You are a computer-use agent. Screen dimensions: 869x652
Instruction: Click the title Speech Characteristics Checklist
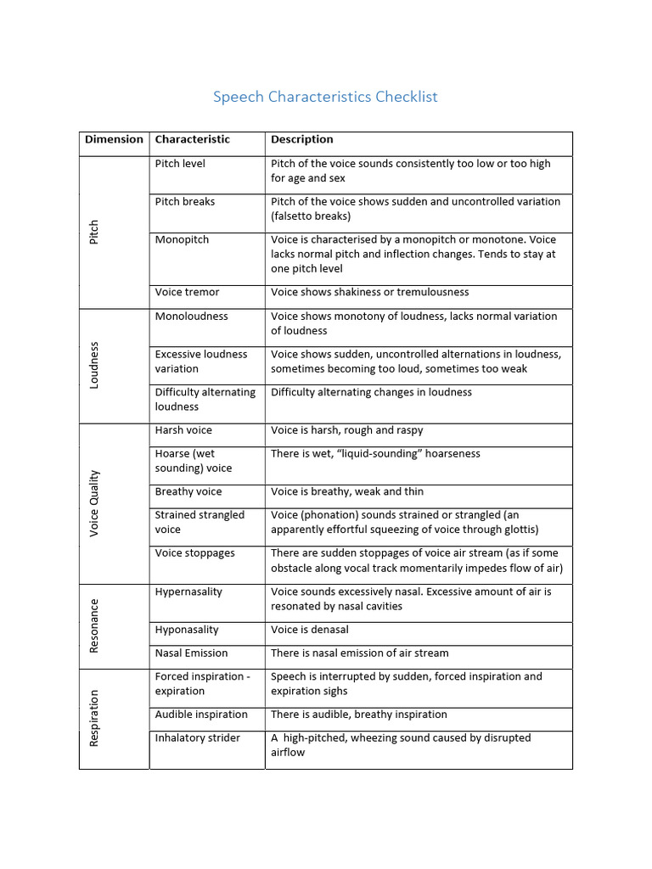pyautogui.click(x=325, y=97)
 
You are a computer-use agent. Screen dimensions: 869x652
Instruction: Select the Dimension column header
pyautogui.click(x=114, y=140)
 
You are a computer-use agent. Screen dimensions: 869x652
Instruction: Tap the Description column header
pyautogui.click(x=301, y=140)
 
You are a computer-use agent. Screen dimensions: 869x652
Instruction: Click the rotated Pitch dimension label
pyautogui.click(x=94, y=232)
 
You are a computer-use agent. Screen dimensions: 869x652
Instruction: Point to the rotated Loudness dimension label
pyautogui.click(x=94, y=365)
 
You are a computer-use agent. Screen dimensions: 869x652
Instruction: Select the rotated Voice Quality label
pyautogui.click(x=94, y=502)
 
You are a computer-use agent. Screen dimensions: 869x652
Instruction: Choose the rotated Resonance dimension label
pyautogui.click(x=94, y=625)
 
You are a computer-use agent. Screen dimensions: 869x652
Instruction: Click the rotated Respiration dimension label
pyautogui.click(x=94, y=718)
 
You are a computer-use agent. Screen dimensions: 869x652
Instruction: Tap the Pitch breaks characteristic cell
pyautogui.click(x=185, y=202)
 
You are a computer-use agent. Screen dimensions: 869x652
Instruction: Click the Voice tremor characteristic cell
pyautogui.click(x=187, y=293)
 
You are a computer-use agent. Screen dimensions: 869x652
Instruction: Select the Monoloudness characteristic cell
pyautogui.click(x=191, y=317)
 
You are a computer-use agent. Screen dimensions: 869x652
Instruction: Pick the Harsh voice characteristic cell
pyautogui.click(x=183, y=431)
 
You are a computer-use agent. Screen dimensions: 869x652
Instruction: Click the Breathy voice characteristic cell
pyautogui.click(x=188, y=492)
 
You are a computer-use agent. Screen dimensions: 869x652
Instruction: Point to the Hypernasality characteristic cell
pyautogui.click(x=188, y=591)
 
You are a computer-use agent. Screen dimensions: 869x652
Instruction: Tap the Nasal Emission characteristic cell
pyautogui.click(x=191, y=653)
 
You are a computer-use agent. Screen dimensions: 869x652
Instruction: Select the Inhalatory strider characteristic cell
pyautogui.click(x=197, y=738)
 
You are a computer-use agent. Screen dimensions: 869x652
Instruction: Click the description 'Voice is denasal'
pyautogui.click(x=310, y=631)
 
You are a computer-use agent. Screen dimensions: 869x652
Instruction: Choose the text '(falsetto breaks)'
pyautogui.click(x=311, y=216)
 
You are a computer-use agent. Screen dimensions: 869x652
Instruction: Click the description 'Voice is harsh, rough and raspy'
pyautogui.click(x=346, y=431)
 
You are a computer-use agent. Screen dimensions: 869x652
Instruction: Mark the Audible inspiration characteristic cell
pyautogui.click(x=201, y=715)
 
